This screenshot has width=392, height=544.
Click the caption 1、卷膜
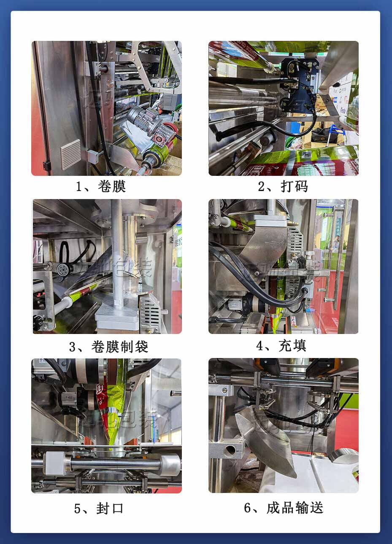tap(101, 186)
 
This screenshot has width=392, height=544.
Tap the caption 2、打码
tap(283, 186)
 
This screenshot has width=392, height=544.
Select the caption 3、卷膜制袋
tap(108, 347)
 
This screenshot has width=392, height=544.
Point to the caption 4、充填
tap(281, 346)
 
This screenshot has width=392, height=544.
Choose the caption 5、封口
tap(99, 508)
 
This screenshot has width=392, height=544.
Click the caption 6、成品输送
tap(284, 507)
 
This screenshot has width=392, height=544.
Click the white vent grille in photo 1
tap(70, 154)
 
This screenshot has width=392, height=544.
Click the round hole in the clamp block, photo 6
tap(230, 451)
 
